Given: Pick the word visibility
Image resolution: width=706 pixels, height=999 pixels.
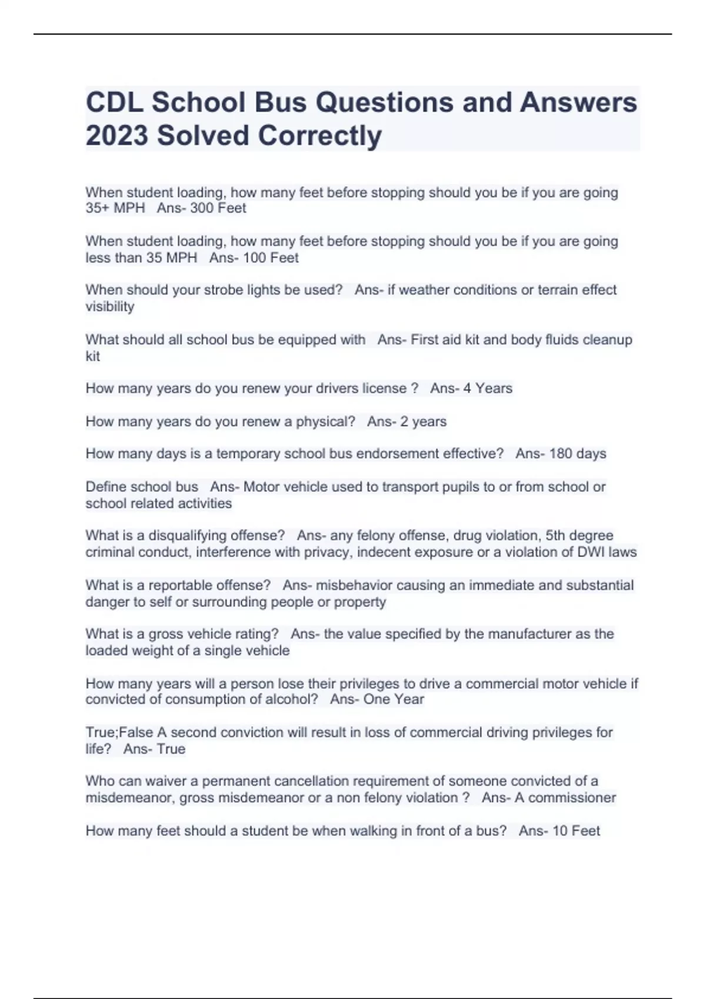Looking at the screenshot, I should pos(109,306).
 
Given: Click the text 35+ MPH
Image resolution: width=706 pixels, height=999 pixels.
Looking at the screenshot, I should pos(115,208).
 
